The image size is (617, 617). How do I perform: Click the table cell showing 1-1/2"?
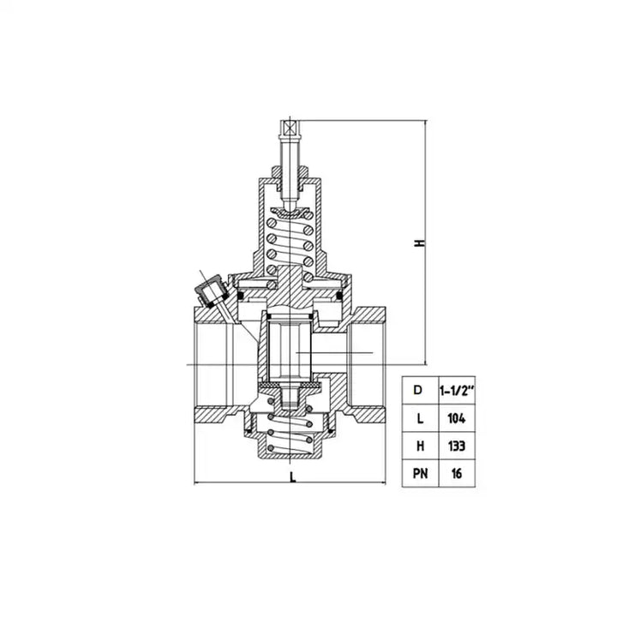coord(457,391)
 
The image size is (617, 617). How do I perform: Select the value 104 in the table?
coord(457,418)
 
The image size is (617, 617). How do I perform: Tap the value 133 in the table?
coord(457,446)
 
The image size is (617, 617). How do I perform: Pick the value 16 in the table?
coord(457,473)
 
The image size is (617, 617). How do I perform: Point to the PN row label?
coord(420,473)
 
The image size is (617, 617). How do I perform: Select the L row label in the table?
coord(420,418)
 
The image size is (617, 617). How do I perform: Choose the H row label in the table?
coord(420,446)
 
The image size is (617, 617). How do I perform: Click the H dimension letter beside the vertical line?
coord(420,243)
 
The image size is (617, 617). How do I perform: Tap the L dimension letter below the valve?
coord(292,477)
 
